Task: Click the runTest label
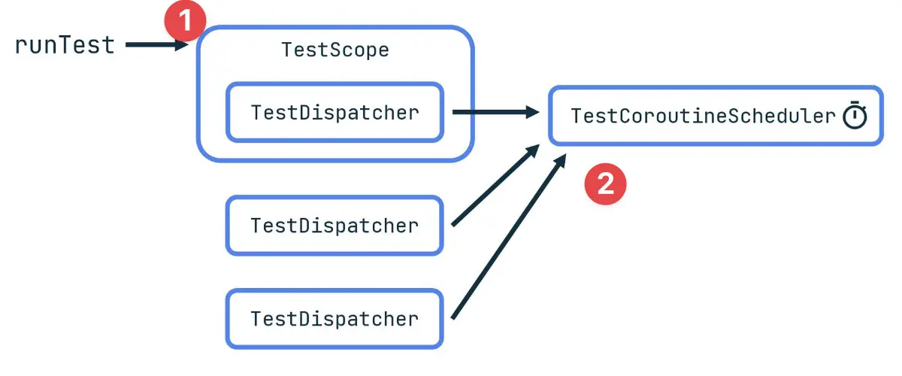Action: pos(65,45)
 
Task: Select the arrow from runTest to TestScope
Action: pos(154,46)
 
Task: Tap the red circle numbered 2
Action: pos(606,183)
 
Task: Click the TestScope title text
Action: pos(335,50)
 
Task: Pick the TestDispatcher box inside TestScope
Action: pos(334,113)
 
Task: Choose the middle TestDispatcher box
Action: pos(334,226)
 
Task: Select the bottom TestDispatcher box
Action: pos(334,319)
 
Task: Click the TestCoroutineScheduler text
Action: pos(703,117)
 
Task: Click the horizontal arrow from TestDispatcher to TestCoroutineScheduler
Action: pos(492,113)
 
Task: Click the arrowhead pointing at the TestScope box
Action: pos(181,46)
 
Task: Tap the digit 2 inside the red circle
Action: pos(606,183)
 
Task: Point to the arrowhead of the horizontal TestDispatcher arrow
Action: pos(532,113)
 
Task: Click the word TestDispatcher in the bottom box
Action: pos(334,319)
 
